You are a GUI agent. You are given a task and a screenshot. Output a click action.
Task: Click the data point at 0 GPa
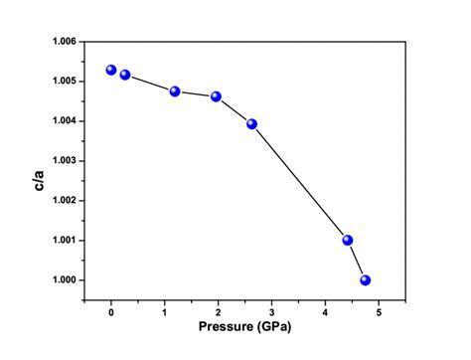tap(111, 70)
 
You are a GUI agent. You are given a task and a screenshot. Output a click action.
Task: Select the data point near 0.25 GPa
tap(125, 75)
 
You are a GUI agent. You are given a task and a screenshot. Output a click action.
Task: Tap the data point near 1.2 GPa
tap(175, 91)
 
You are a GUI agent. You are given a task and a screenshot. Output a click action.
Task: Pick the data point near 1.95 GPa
tap(216, 96)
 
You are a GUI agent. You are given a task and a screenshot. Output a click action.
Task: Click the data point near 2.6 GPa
tap(251, 124)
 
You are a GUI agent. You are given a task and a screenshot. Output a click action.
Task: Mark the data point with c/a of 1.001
tap(348, 240)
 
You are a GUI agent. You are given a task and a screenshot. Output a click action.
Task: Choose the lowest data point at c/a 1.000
tap(366, 280)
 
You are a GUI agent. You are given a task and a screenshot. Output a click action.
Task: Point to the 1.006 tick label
tap(62, 42)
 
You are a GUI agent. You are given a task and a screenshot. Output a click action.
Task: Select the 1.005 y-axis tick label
tap(62, 82)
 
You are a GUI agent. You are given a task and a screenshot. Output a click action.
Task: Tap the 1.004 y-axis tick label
tap(62, 121)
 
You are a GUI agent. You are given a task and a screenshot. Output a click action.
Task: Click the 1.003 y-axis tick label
tap(62, 161)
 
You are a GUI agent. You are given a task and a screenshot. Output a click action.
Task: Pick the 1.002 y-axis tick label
tap(62, 201)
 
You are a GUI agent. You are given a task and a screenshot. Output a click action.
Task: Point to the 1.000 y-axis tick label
tap(62, 280)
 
